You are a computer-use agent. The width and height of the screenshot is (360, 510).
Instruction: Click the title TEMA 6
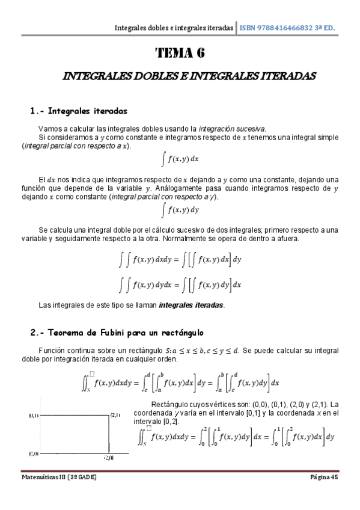tap(180, 53)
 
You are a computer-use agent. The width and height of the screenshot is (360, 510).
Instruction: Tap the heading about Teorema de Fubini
tap(117, 332)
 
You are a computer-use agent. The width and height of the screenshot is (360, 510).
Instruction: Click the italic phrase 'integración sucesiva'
tap(232, 129)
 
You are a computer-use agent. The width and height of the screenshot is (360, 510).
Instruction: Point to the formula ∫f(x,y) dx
tap(180, 159)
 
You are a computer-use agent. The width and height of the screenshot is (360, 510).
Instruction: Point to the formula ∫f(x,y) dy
tap(180, 210)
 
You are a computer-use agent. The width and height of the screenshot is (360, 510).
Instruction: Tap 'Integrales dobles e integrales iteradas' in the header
tap(174, 28)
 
